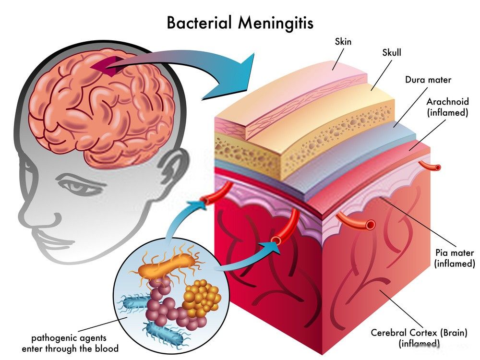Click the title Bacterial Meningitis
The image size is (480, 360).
pos(240,23)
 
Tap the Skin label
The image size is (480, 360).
pos(343,41)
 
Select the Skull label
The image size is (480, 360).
pos(392,53)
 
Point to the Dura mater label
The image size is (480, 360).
pos(428,80)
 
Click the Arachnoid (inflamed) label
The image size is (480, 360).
pos(447,107)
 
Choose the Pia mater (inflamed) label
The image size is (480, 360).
pos(455,258)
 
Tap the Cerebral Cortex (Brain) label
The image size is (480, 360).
pos(419,333)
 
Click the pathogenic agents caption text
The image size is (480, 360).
pos(70,343)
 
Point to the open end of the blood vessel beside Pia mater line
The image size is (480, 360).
pos(371,225)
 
